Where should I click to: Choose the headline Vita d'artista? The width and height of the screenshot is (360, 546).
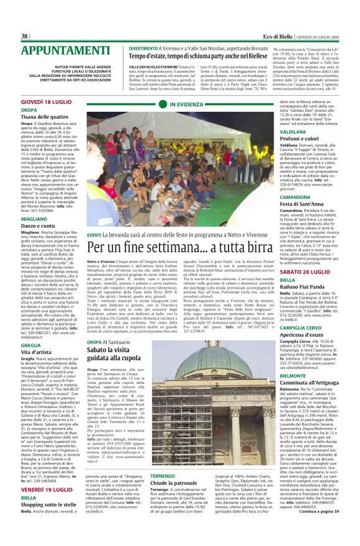[x=40, y=352]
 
